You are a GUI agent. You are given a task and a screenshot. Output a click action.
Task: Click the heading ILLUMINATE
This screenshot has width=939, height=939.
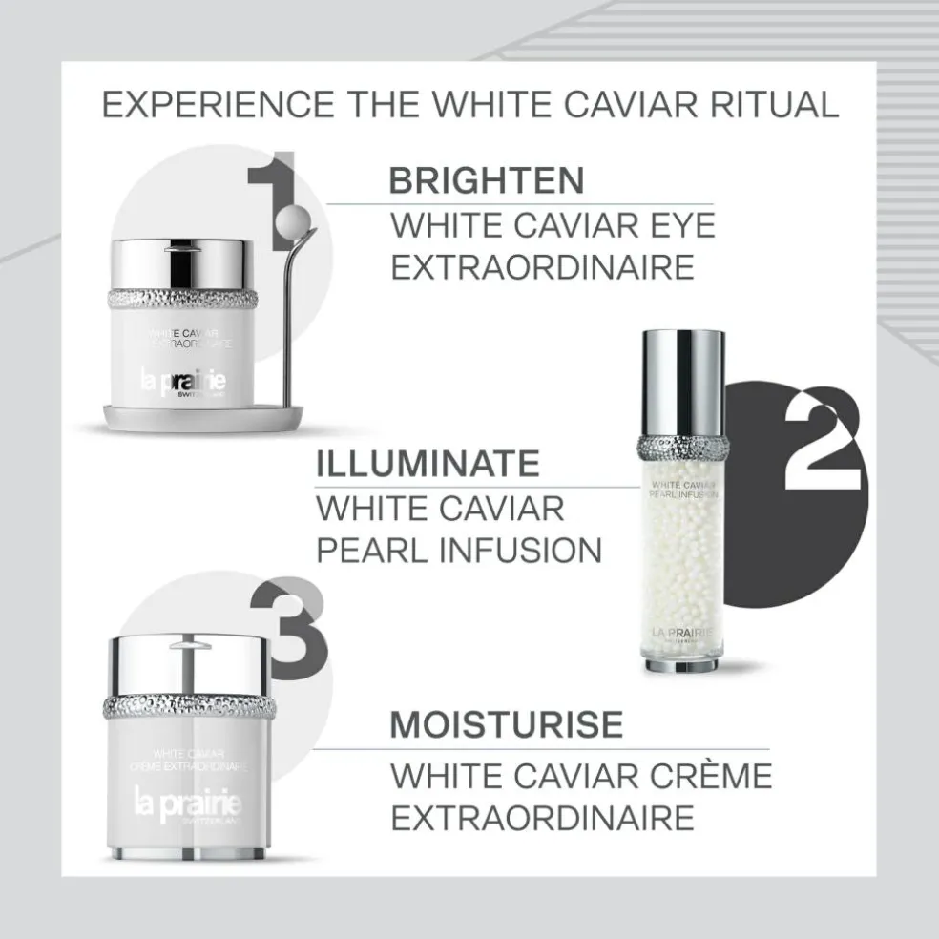428,464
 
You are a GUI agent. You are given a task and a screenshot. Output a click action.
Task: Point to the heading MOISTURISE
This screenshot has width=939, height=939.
506,724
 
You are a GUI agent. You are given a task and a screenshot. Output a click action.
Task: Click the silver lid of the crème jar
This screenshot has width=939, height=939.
187,664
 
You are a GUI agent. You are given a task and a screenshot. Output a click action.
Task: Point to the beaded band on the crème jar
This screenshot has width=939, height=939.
187,707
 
